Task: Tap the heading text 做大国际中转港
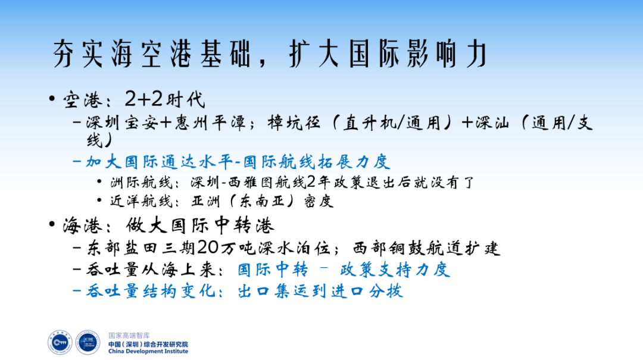[200, 226]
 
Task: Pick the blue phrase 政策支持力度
[395, 270]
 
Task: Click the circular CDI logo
[88, 342]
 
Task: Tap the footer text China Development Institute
[148, 351]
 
